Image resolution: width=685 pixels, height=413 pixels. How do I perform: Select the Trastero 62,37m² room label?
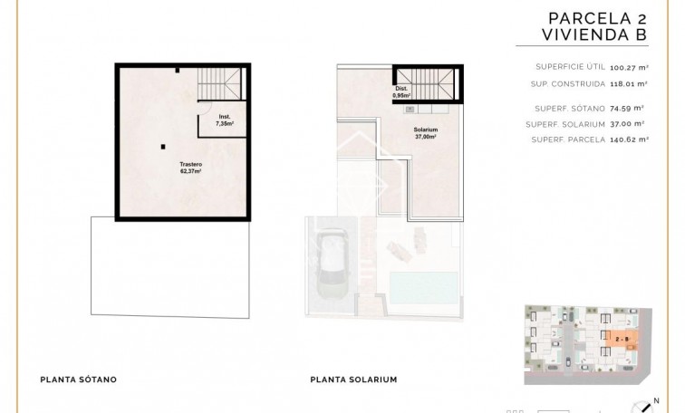point(189,168)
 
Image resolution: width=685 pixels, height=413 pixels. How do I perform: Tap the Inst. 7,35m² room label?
point(225,119)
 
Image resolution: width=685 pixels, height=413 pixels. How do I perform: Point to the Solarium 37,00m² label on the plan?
point(426,133)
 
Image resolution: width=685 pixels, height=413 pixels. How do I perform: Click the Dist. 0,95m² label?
point(401,91)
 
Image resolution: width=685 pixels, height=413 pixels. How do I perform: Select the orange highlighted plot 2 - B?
point(622,340)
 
